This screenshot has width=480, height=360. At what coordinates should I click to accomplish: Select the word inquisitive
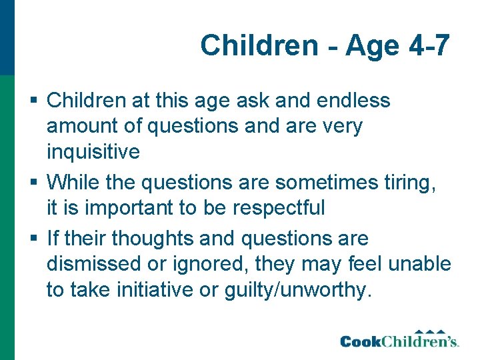coord(93,152)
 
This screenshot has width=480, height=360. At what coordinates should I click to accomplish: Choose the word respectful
coord(279,208)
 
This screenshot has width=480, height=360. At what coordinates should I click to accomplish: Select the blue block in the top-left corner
coord(7,37)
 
